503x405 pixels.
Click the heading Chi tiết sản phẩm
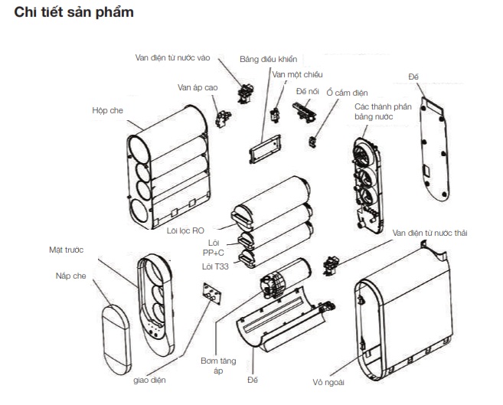[x=73, y=13]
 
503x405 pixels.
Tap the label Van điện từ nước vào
[x=175, y=57]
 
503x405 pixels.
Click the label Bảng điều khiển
[x=267, y=58]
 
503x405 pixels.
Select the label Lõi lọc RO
[x=186, y=228]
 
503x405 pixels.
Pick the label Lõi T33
[x=215, y=266]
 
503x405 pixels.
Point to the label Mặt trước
[x=64, y=250]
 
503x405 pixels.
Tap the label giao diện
[x=148, y=379]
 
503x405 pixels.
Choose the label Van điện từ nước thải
[x=429, y=232]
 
